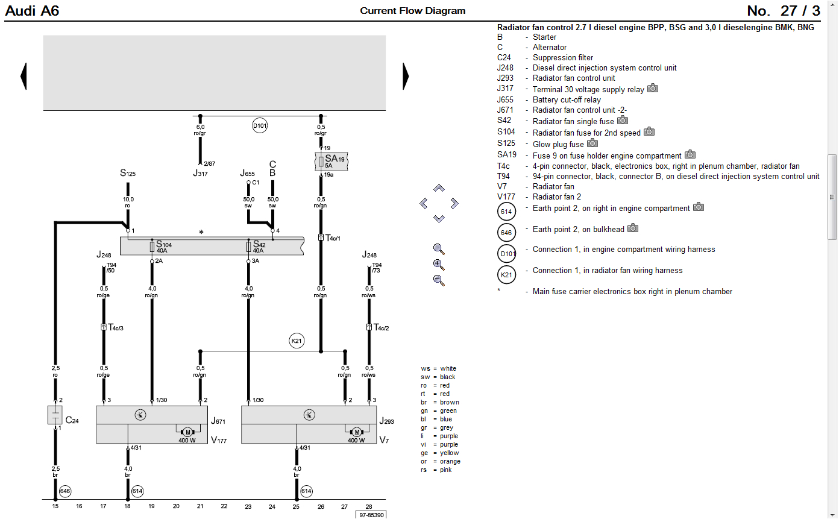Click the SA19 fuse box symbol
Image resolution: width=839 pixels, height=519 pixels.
[x=332, y=162]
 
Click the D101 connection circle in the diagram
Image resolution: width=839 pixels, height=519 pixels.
[x=260, y=126]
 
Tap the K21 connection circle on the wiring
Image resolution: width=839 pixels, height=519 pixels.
[x=296, y=341]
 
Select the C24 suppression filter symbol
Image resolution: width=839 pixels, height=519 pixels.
[x=55, y=415]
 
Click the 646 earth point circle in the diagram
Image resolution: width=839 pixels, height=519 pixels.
[x=65, y=491]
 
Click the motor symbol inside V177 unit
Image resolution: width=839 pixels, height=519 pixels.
[x=187, y=432]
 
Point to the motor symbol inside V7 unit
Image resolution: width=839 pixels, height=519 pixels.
[x=356, y=432]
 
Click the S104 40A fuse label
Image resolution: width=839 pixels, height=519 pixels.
[x=163, y=247]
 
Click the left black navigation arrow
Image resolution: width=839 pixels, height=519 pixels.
[x=24, y=77]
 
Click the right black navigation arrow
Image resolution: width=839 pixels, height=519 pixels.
[x=406, y=77]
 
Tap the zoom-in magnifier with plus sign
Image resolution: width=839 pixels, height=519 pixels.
[x=439, y=265]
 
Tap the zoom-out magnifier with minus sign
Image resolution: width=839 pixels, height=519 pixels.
[x=439, y=280]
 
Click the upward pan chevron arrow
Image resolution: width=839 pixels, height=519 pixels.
[x=439, y=188]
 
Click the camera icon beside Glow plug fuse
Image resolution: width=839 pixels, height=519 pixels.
[x=592, y=143]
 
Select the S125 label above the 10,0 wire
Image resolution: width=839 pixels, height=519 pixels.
[x=128, y=174]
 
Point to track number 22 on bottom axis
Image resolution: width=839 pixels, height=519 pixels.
[x=224, y=507]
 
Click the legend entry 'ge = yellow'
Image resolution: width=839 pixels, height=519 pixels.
[x=439, y=453]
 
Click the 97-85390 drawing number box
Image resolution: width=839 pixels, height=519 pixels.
[x=370, y=515]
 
